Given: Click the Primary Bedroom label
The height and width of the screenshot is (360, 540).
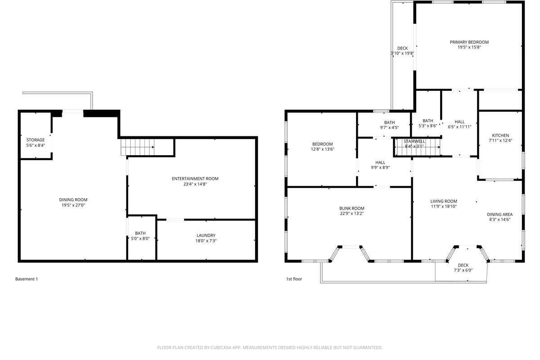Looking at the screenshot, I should tap(469, 42).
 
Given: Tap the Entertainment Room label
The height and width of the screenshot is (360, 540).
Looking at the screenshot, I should tap(195, 179).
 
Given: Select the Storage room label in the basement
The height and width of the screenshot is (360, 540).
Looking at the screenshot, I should tap(36, 140).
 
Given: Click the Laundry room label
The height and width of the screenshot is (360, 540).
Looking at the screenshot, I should tap(206, 235).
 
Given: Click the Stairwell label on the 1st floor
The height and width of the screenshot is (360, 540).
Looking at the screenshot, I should tap(414, 141).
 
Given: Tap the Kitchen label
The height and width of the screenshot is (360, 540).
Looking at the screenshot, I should tap(500, 135).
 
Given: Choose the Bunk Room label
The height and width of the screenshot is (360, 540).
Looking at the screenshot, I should tap(351, 208).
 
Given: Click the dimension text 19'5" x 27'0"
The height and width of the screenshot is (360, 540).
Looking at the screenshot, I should tap(73, 205).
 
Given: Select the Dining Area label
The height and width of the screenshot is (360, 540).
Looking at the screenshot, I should tap(499, 214).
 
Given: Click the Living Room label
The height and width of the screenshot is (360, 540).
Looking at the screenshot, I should tap(444, 201).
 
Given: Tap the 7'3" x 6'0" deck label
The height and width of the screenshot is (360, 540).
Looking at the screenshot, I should tap(463, 270).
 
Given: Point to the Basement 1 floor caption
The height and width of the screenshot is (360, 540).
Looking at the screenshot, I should tap(27, 279).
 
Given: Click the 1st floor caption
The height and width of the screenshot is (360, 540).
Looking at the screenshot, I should tap(294, 279).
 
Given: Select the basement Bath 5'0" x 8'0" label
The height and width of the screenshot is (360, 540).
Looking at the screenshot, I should tap(140, 233).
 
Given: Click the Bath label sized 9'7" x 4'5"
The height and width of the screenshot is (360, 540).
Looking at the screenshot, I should tap(389, 122).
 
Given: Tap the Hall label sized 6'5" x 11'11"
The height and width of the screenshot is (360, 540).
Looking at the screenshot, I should tap(459, 121).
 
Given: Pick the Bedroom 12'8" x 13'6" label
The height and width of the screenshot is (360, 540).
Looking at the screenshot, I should tap(322, 144).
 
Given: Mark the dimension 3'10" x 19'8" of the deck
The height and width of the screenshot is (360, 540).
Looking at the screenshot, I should tap(402, 53).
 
